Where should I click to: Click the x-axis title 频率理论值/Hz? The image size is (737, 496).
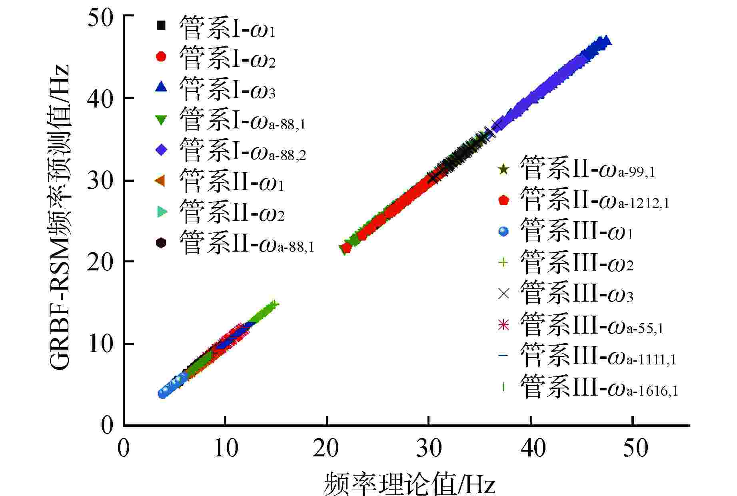[409, 482]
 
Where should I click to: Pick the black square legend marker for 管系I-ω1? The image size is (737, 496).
[161, 25]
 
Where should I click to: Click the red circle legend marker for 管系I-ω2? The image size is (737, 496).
[161, 56]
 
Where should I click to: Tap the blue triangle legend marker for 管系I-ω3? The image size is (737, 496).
[161, 87]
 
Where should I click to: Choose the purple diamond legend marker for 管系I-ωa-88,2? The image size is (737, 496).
[161, 150]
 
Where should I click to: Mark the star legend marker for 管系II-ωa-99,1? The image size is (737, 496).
[503, 170]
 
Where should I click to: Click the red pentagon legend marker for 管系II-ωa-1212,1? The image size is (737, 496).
[503, 200]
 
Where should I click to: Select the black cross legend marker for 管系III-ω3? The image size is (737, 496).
[503, 294]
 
